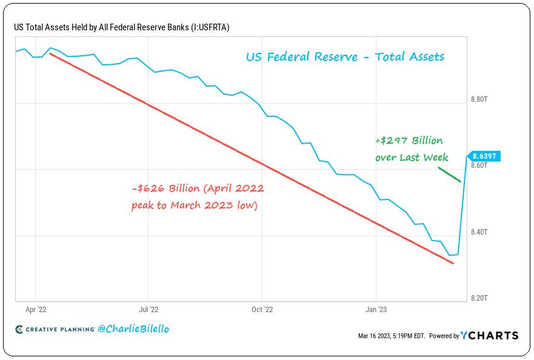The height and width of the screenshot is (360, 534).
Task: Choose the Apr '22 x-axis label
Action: [x=36, y=308]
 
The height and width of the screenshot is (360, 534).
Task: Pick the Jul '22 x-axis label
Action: [x=149, y=308]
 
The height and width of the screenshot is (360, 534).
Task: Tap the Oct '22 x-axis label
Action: [x=262, y=308]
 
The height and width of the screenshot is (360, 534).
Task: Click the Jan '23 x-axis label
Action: [x=376, y=308]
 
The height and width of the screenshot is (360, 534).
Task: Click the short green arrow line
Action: [x=450, y=175]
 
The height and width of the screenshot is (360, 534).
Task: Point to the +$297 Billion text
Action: [x=409, y=141]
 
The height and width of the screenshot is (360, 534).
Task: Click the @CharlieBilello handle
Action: [x=133, y=328]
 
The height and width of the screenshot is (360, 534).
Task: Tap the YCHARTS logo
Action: [x=489, y=335]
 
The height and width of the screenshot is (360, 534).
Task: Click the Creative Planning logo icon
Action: [x=19, y=329]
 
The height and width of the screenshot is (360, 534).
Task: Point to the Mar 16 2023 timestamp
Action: [x=392, y=336]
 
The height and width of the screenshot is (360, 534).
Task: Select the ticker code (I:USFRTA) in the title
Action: [x=204, y=27]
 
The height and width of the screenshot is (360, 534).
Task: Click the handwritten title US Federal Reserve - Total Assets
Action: [x=345, y=57]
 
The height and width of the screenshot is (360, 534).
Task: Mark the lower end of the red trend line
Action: [x=453, y=263]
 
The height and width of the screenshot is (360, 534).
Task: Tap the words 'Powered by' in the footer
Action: [x=444, y=336]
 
